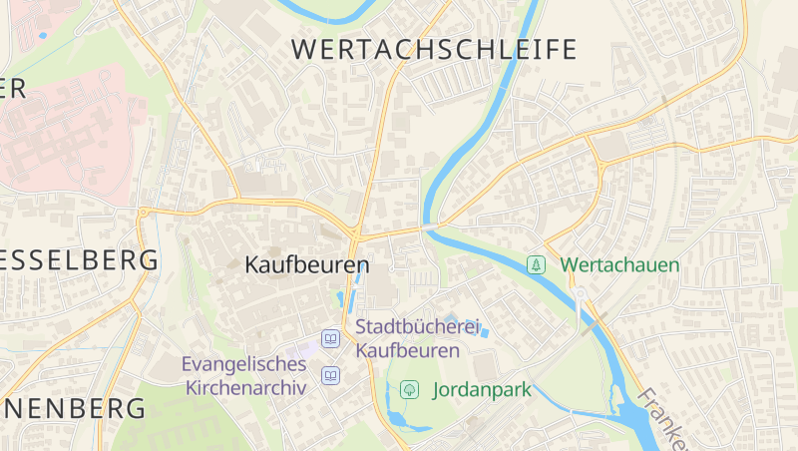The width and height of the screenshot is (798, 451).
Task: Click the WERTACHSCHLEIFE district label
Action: pos(434,49)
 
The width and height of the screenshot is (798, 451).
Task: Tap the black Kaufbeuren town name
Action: pos(306,266)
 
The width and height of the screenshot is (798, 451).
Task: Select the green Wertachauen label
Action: pos(618,265)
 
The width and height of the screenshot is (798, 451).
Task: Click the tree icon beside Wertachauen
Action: pos(537,264)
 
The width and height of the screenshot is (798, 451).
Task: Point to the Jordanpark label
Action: pos(482,390)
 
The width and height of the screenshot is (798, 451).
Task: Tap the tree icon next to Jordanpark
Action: pos(408,389)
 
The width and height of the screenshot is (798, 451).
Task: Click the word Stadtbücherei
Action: pos(419,327)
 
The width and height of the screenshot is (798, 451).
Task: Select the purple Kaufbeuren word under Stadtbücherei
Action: pos(407,350)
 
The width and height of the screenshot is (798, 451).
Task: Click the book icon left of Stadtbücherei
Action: pos(330,339)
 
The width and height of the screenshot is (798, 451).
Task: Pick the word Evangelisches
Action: pos(243,365)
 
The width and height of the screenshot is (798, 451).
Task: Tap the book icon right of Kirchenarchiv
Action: pos(330,376)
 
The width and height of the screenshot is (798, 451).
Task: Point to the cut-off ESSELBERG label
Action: pos(79,260)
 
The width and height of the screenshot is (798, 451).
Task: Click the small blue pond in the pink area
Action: pos(43,36)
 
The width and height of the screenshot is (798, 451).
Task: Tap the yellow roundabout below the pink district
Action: pos(146,212)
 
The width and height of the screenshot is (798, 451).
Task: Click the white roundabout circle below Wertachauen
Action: pos(580,292)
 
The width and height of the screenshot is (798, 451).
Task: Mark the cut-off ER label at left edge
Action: pos(12,88)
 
